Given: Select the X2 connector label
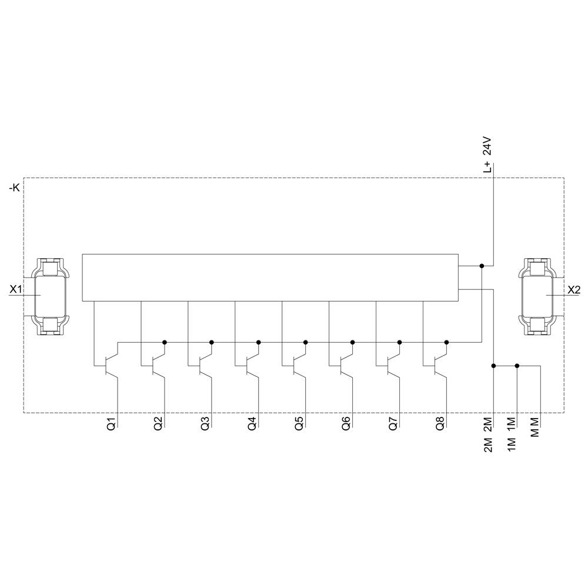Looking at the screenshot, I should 573,289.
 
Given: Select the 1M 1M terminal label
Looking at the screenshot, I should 512,435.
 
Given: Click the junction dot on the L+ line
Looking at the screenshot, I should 482,266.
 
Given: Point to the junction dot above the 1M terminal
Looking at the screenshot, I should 517,366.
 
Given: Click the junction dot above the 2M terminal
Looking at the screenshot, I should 494,366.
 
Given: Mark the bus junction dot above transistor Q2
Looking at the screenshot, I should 165,342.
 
